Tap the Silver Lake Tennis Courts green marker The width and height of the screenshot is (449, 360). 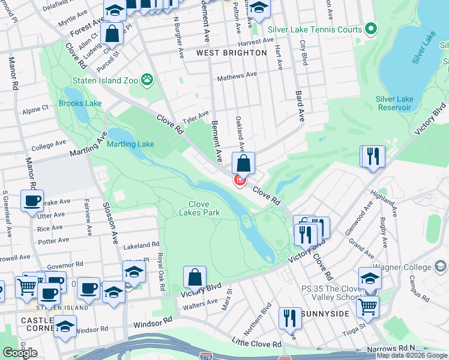point(372,29)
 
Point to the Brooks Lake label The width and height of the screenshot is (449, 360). point(80,103)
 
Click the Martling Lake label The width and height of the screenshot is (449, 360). point(130,144)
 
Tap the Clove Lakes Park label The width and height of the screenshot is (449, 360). point(199,208)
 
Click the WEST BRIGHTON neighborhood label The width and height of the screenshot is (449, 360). point(232,53)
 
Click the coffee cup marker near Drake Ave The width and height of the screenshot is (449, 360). point(32,201)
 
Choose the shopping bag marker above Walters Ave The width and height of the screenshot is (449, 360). point(194,277)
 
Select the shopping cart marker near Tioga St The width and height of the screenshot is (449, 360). point(367,306)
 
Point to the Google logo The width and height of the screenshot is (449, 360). point(20,353)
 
